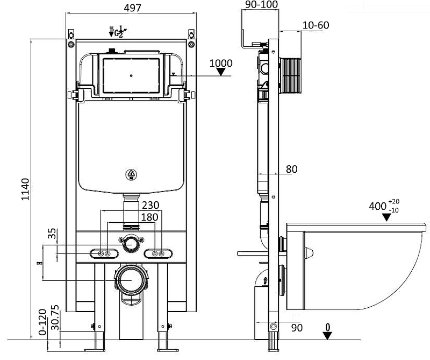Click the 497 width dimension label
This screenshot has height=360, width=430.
coord(132,8)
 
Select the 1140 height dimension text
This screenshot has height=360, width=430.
coord(25,189)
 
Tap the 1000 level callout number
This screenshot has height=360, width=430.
coord(221,63)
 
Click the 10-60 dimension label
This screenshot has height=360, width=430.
coord(316,25)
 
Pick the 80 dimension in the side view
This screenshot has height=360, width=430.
coord(291,169)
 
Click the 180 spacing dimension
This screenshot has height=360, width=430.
coord(149,216)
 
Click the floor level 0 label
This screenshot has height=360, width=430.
coord(328,326)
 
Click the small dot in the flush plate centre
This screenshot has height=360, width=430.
coord(131,75)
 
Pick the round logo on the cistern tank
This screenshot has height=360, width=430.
coord(131,174)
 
